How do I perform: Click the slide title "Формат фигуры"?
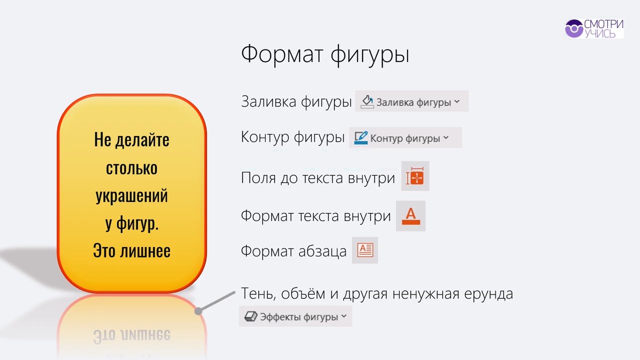325,55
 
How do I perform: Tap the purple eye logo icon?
574,28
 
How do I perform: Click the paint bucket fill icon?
367,101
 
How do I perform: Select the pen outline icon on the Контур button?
361,138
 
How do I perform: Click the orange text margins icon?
415,176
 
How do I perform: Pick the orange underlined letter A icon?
411,216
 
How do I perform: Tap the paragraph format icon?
365,250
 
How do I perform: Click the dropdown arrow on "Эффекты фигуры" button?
344,316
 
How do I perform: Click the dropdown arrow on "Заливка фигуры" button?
457,101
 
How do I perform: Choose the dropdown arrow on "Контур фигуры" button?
446,137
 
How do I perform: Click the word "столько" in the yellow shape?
131,168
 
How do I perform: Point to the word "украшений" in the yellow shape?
131,196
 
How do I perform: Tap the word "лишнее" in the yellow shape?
145,251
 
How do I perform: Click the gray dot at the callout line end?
198,311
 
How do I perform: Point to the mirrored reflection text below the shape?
132,335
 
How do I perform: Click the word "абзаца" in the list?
322,251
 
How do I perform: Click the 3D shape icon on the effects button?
251,316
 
